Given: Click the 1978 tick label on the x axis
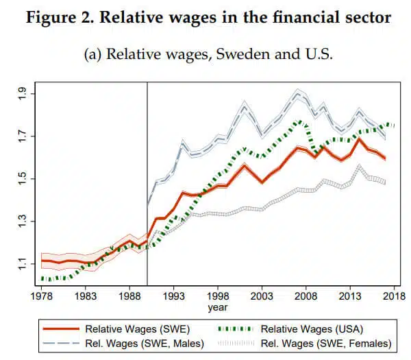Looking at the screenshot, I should pyautogui.click(x=42, y=297).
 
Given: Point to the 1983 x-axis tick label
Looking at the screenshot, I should pyautogui.click(x=86, y=297).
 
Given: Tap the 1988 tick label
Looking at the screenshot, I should pyautogui.click(x=129, y=297).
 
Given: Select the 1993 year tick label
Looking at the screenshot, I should pyautogui.click(x=173, y=297).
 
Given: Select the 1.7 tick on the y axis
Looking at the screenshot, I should pyautogui.click(x=22, y=136).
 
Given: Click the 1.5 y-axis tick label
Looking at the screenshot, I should pyautogui.click(x=22, y=178).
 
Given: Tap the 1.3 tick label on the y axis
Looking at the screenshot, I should pyautogui.click(x=22, y=221).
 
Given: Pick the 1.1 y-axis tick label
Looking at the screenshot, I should pyautogui.click(x=22, y=263).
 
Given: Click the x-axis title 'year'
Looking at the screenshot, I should pyautogui.click(x=218, y=308).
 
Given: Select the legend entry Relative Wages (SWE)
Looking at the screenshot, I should pyautogui.click(x=137, y=329).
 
